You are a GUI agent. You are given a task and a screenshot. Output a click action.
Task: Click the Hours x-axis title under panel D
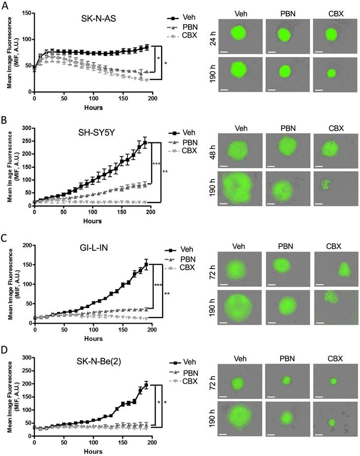click(x=93, y=451)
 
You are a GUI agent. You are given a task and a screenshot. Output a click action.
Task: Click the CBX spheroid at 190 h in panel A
click(x=331, y=73)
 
